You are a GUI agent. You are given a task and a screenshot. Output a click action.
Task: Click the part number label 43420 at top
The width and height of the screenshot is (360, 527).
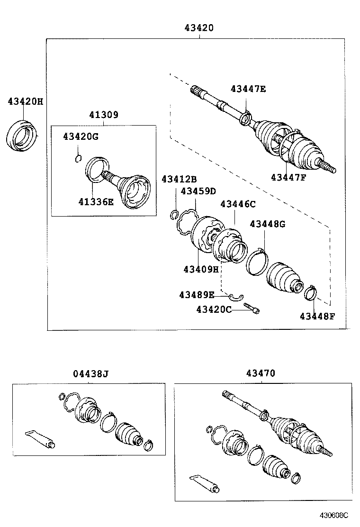199,28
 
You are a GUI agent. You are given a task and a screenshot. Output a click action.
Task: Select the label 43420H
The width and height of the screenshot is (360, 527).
25,101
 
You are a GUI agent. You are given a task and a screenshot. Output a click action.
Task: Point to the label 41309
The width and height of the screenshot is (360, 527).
103,115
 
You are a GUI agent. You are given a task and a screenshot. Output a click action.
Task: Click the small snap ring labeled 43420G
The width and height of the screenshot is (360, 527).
79,158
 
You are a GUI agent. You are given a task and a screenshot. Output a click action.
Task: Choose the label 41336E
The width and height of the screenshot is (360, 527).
96,202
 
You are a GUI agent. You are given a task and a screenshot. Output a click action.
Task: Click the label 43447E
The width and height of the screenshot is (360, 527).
248,89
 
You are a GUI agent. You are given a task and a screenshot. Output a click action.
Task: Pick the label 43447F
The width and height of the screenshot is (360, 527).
288,178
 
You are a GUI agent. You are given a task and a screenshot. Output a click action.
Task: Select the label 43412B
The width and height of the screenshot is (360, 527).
179,179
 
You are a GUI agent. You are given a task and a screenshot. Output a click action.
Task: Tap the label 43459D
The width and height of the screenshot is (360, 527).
198,191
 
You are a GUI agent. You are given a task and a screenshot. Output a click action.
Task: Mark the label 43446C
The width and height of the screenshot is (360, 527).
238,204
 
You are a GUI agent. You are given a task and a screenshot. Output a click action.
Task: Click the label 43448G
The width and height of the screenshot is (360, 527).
267,224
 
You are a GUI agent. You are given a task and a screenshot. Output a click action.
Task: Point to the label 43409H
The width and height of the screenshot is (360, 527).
201,270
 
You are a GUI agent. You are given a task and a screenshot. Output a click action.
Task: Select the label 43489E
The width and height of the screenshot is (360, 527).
197,295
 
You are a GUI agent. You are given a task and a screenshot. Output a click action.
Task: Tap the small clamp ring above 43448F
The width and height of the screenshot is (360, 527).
310,292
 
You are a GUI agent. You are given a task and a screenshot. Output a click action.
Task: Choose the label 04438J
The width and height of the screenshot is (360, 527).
91,374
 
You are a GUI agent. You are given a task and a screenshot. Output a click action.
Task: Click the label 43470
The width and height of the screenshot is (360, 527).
260,373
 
